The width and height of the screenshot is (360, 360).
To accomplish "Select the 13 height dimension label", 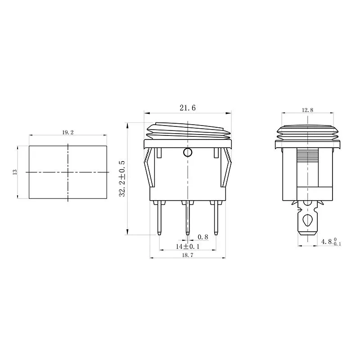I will click(14, 172).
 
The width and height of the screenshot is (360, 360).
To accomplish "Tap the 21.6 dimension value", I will click(187, 108).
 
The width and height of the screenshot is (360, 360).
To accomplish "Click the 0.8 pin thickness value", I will click(203, 237).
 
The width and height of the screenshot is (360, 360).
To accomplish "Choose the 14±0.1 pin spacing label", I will click(187, 247).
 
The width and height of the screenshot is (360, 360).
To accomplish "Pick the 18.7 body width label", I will click(187, 255).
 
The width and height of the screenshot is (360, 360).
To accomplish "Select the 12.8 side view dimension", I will click(308, 110).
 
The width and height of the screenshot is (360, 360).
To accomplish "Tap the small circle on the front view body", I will click(187, 153).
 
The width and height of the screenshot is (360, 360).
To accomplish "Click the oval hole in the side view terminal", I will click(308, 220).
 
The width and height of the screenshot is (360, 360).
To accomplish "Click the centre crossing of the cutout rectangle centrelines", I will click(67, 172).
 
